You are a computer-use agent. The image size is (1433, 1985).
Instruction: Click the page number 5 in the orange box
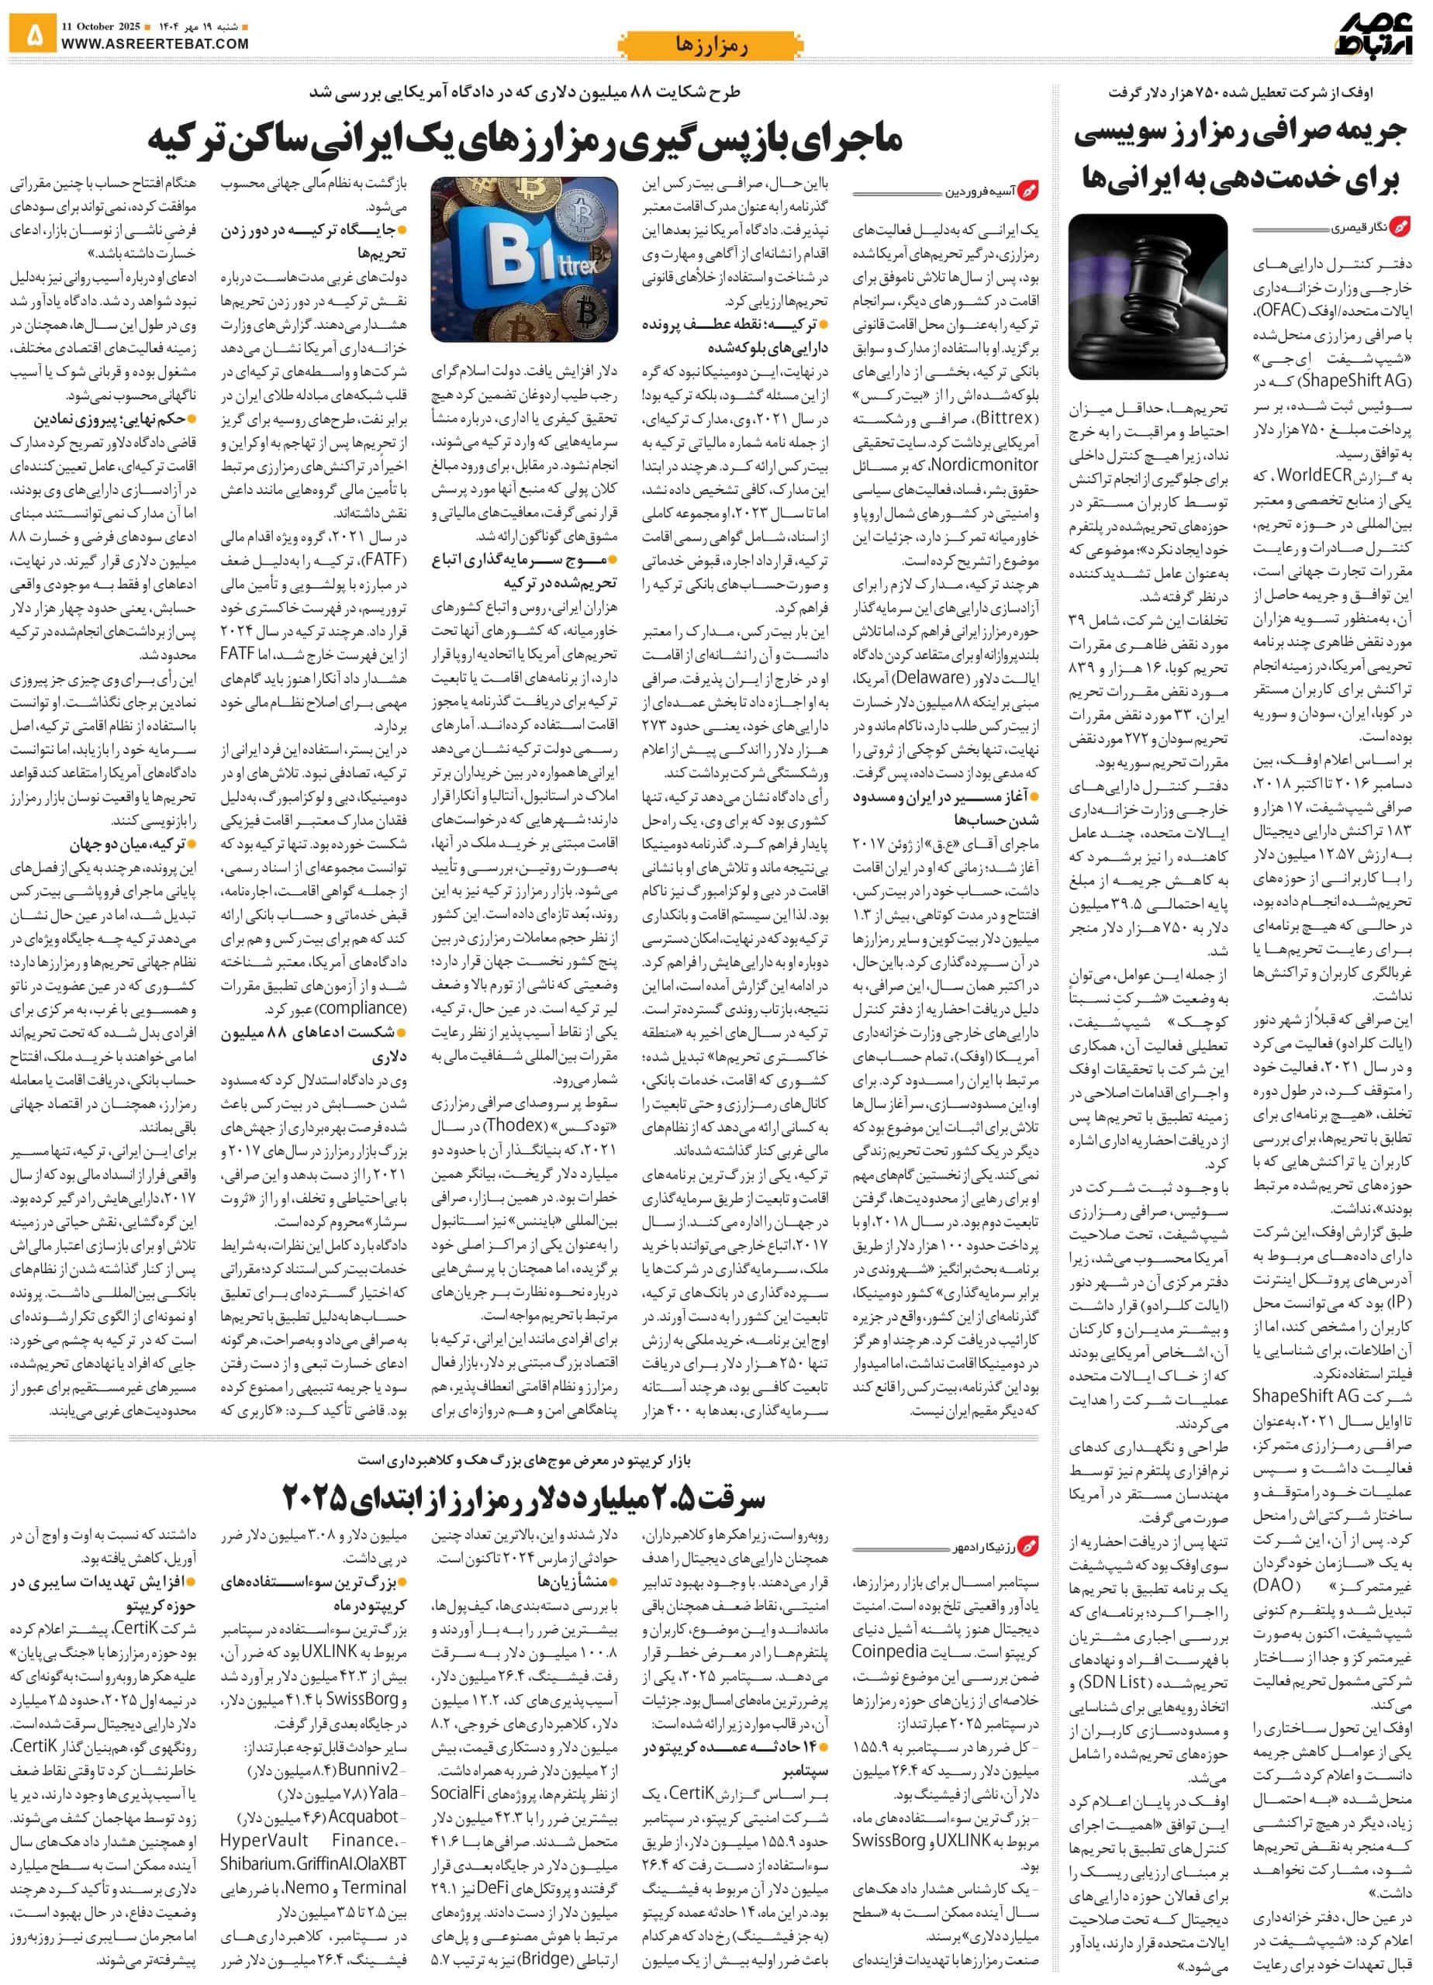coord(33,35)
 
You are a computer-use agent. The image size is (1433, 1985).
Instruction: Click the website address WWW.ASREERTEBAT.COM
coord(155,43)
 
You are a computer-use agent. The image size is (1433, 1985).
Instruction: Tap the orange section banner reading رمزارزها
coord(711,43)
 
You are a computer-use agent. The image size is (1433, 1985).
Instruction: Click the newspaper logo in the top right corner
coord(1373,35)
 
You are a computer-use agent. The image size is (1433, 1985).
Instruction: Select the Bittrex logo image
coord(524,259)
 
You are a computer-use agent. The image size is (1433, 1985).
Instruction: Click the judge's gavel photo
coord(1148,296)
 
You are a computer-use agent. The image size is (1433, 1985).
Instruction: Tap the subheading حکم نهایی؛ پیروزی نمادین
coord(113,419)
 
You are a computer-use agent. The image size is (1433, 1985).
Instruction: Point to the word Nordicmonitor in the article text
coord(983,464)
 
